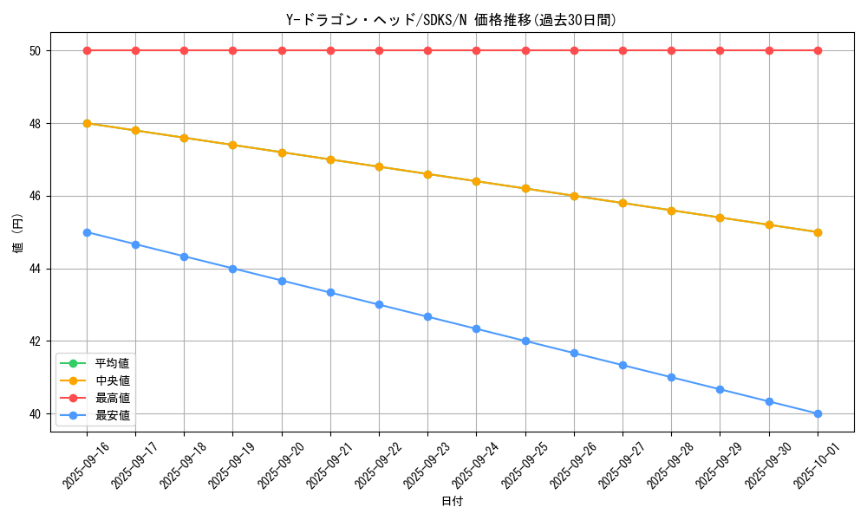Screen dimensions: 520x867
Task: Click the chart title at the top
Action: (451, 20)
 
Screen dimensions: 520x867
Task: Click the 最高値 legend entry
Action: (112, 398)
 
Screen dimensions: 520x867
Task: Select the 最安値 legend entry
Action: (112, 415)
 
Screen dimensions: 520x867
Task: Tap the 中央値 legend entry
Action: (112, 380)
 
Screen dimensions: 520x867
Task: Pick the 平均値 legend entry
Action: (112, 363)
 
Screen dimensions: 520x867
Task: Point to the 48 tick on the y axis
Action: (36, 123)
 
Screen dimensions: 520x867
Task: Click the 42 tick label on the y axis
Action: (36, 341)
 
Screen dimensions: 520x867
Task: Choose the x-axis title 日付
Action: (452, 502)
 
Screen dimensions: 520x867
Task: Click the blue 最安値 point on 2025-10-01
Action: (818, 413)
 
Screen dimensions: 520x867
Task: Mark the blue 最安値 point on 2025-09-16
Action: (87, 232)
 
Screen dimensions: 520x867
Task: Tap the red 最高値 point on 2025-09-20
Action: (282, 50)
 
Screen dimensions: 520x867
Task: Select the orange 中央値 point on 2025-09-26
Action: (574, 196)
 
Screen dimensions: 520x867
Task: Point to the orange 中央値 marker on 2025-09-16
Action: (87, 123)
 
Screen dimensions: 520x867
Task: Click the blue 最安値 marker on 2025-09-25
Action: (525, 341)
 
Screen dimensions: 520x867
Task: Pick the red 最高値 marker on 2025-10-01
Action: (818, 50)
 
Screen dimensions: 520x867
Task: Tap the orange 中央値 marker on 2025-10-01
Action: (818, 232)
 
